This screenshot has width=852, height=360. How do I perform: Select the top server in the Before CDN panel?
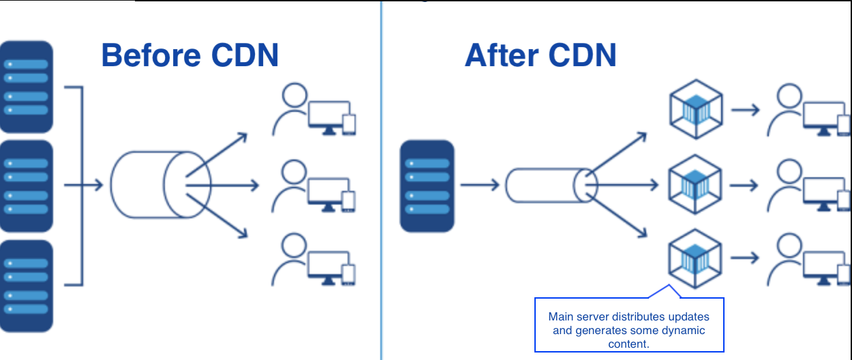(x=27, y=87)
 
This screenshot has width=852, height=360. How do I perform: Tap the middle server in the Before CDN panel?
(x=27, y=186)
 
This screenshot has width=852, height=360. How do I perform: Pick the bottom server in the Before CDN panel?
(x=27, y=286)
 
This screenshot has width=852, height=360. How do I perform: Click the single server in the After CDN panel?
(x=427, y=186)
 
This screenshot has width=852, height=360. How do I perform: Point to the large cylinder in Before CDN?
(x=161, y=184)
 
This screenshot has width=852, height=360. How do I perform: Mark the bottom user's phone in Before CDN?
(x=349, y=274)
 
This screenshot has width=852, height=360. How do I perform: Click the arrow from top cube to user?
(x=744, y=110)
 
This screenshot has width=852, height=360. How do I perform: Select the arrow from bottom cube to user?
(x=744, y=258)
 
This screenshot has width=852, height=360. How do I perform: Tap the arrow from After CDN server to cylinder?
(x=481, y=184)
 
